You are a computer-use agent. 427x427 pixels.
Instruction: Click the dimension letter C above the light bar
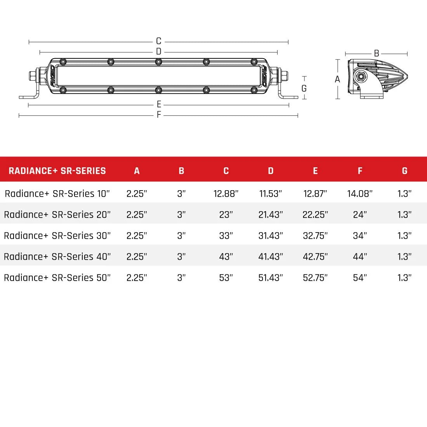pyautogui.click(x=158, y=41)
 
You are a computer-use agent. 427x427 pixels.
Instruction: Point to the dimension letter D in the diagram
pyautogui.click(x=158, y=52)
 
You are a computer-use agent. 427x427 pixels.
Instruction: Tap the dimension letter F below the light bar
pyautogui.click(x=159, y=115)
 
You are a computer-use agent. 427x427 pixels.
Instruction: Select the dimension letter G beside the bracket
pyautogui.click(x=304, y=89)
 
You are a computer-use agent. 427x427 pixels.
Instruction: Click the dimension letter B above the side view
pyautogui.click(x=376, y=54)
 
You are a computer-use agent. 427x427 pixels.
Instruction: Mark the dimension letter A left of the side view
pyautogui.click(x=337, y=79)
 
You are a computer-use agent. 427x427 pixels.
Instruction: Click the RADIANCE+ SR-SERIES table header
pyautogui.click(x=57, y=171)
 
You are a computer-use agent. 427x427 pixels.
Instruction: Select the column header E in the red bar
pyautogui.click(x=315, y=171)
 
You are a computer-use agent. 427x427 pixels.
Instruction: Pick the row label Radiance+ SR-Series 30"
pyautogui.click(x=57, y=236)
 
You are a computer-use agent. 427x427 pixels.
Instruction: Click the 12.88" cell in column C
pyautogui.click(x=226, y=194)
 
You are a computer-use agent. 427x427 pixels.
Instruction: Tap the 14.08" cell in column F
pyautogui.click(x=360, y=194)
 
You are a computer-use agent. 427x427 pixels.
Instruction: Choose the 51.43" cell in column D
pyautogui.click(x=271, y=278)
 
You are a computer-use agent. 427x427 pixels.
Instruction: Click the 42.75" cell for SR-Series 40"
pyautogui.click(x=315, y=257)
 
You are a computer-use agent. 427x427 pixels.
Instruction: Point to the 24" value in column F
pyautogui.click(x=360, y=215)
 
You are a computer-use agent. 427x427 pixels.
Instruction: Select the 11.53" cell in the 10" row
pyautogui.click(x=271, y=194)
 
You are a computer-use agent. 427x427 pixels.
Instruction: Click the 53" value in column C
pyautogui.click(x=226, y=278)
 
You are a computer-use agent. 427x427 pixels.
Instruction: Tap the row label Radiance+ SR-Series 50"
pyautogui.click(x=57, y=278)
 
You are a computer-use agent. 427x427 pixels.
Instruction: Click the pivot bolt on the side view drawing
pyautogui.click(x=362, y=76)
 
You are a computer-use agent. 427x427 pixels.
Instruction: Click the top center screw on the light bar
pyautogui.click(x=158, y=62)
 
